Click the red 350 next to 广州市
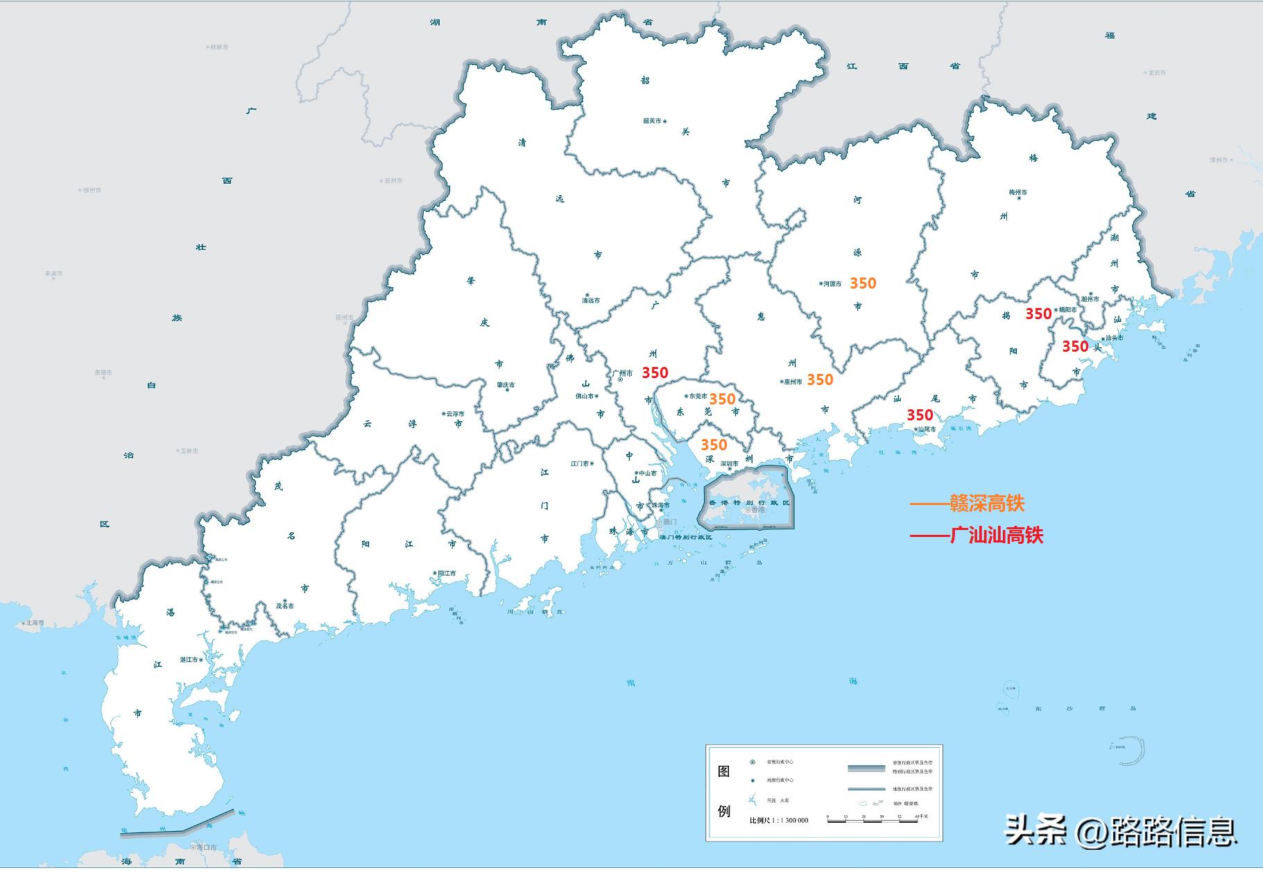pyautogui.click(x=655, y=373)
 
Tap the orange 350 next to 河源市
pyautogui.click(x=863, y=283)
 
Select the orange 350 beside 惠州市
pyautogui.click(x=820, y=379)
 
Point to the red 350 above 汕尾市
pyautogui.click(x=920, y=415)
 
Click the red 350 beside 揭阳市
pyautogui.click(x=1038, y=314)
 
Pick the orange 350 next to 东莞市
pyautogui.click(x=722, y=399)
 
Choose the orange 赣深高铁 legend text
pyautogui.click(x=986, y=504)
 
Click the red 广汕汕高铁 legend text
pyautogui.click(x=996, y=535)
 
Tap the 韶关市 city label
pyautogui.click(x=652, y=121)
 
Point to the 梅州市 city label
pyautogui.click(x=1017, y=192)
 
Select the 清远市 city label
pyautogui.click(x=590, y=300)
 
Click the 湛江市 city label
pyautogui.click(x=189, y=660)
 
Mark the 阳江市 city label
pyautogui.click(x=447, y=574)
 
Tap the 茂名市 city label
pyautogui.click(x=284, y=606)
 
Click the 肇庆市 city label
pyautogui.click(x=506, y=385)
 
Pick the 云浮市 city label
pyautogui.click(x=455, y=413)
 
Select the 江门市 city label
pyautogui.click(x=580, y=463)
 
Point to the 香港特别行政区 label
pyautogui.click(x=748, y=502)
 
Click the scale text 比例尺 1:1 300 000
pyautogui.click(x=779, y=820)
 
